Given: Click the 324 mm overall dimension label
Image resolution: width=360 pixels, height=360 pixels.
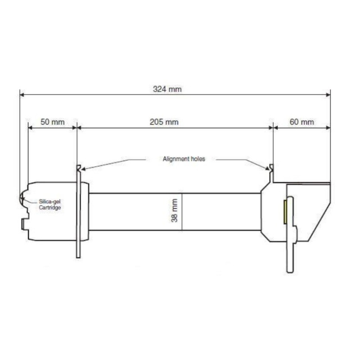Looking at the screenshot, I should point(171,89).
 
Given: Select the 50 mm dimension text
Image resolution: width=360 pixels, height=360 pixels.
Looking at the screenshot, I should point(53,122).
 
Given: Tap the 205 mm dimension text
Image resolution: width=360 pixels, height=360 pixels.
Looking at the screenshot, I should point(164,122).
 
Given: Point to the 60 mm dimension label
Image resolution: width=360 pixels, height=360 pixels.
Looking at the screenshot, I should point(301,122).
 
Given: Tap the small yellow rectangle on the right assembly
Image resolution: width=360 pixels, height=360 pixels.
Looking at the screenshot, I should point(285,212).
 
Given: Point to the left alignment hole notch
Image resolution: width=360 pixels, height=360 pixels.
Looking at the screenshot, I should point(79,168).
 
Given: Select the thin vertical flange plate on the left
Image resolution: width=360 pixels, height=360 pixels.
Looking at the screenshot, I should point(78,216).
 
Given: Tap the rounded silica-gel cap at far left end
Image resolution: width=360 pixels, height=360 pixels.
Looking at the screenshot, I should point(21,198).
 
